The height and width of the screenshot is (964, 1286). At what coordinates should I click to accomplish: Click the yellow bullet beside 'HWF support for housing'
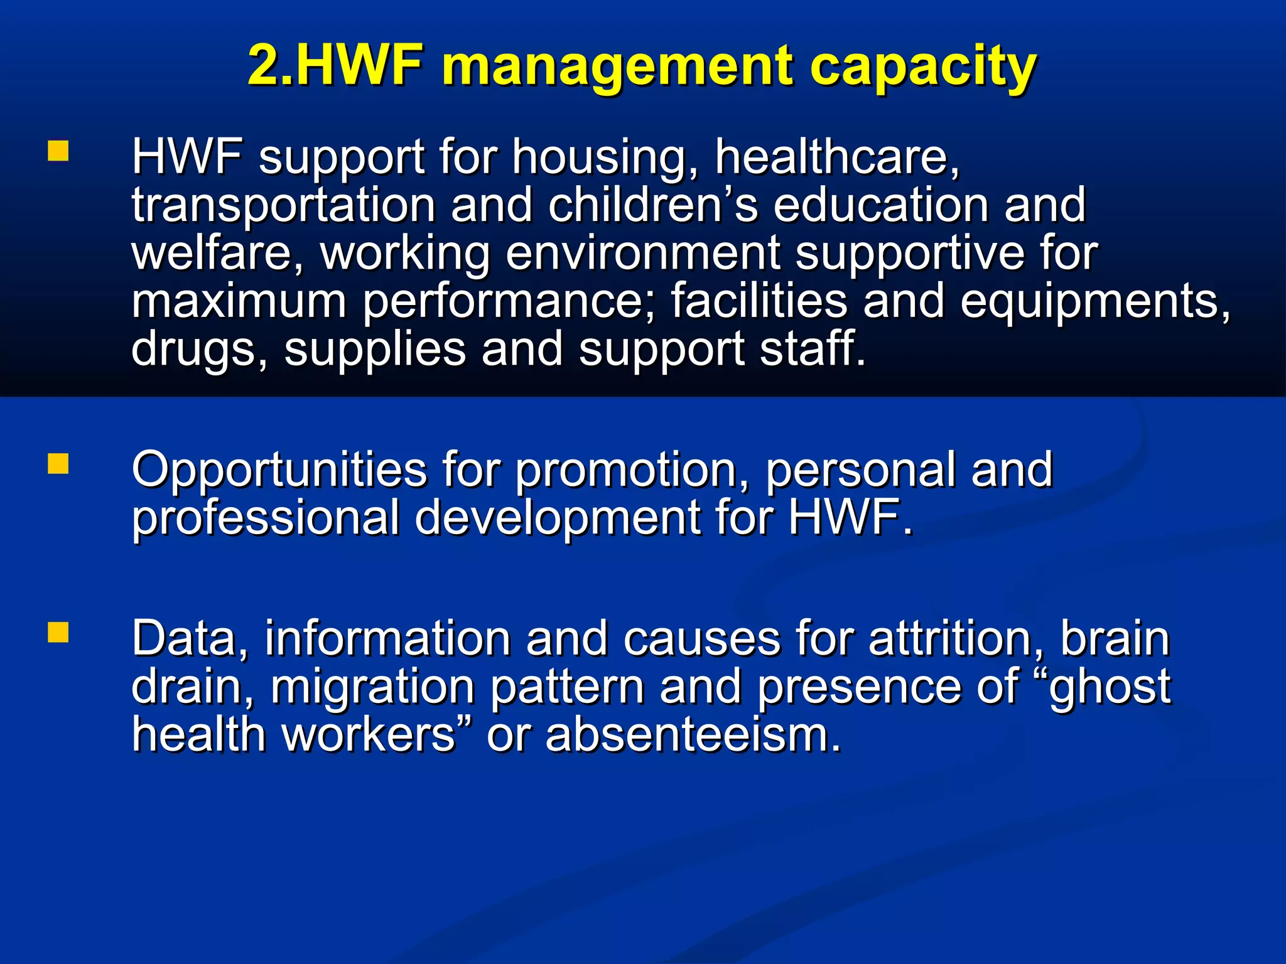[x=58, y=151]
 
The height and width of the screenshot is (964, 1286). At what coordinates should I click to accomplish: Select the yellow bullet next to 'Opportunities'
[x=58, y=464]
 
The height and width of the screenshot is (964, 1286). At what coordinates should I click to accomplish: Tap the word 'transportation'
[x=283, y=206]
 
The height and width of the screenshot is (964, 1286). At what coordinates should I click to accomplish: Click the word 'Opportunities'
[x=279, y=471]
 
